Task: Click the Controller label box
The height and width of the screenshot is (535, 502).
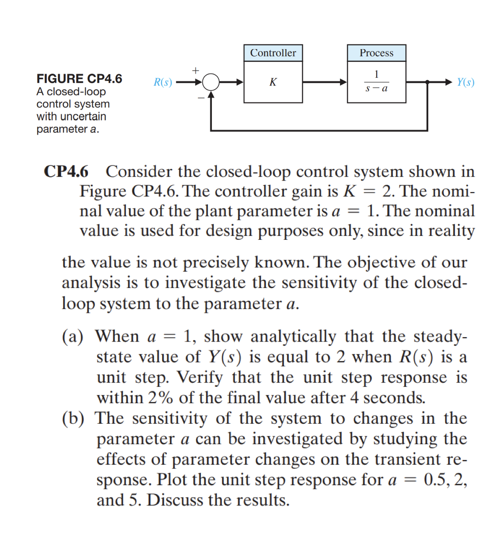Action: click(273, 53)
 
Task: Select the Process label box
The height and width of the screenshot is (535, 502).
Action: click(376, 53)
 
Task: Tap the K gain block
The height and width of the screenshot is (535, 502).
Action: click(273, 82)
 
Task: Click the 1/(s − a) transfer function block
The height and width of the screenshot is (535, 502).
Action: click(376, 82)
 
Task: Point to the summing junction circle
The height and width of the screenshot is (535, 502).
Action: click(211, 82)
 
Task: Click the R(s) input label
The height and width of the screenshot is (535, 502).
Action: click(163, 82)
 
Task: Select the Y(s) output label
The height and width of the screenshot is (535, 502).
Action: click(465, 82)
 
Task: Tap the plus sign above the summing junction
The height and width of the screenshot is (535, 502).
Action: click(195, 70)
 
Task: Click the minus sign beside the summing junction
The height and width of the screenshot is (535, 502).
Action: click(201, 97)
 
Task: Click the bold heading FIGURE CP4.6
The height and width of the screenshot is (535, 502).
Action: click(79, 78)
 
